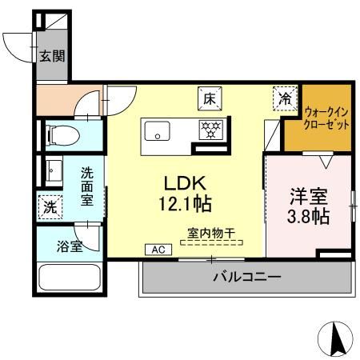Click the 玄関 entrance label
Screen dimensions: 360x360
(52, 56)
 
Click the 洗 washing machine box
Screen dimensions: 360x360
(50, 206)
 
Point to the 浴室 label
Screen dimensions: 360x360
(70, 246)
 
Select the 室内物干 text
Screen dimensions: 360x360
(211, 234)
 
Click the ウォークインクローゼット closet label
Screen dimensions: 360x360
(326, 120)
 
